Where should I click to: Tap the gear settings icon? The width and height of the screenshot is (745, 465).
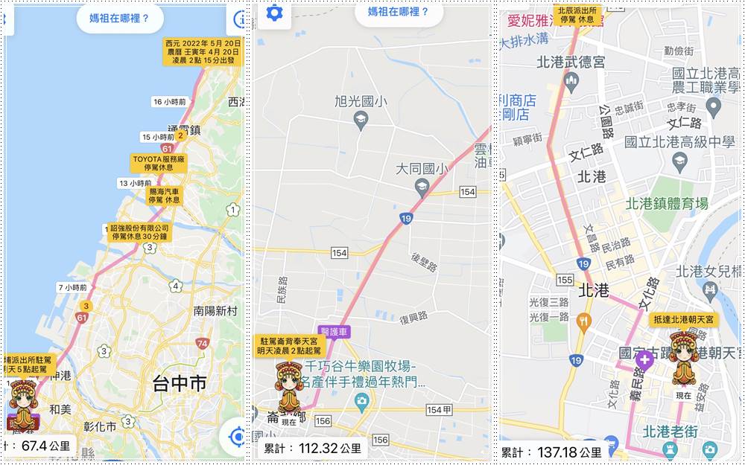274,13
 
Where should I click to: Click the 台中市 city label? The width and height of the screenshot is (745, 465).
179,384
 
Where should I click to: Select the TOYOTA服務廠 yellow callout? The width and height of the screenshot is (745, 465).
159,163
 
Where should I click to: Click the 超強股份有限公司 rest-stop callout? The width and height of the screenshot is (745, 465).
139,232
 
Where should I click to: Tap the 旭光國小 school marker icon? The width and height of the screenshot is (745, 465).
361,121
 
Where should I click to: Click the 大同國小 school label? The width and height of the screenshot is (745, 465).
422,170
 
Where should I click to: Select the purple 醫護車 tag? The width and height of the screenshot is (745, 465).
334,331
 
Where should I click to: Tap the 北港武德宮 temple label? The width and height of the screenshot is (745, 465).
571,63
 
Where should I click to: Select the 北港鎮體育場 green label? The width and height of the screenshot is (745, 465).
666,203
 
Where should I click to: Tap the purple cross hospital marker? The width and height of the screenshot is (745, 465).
644,360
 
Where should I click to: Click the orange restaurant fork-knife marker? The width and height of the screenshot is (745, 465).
583,322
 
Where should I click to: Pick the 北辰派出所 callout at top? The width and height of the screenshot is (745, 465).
577,14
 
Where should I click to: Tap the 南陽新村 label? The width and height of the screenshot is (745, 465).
215,310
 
